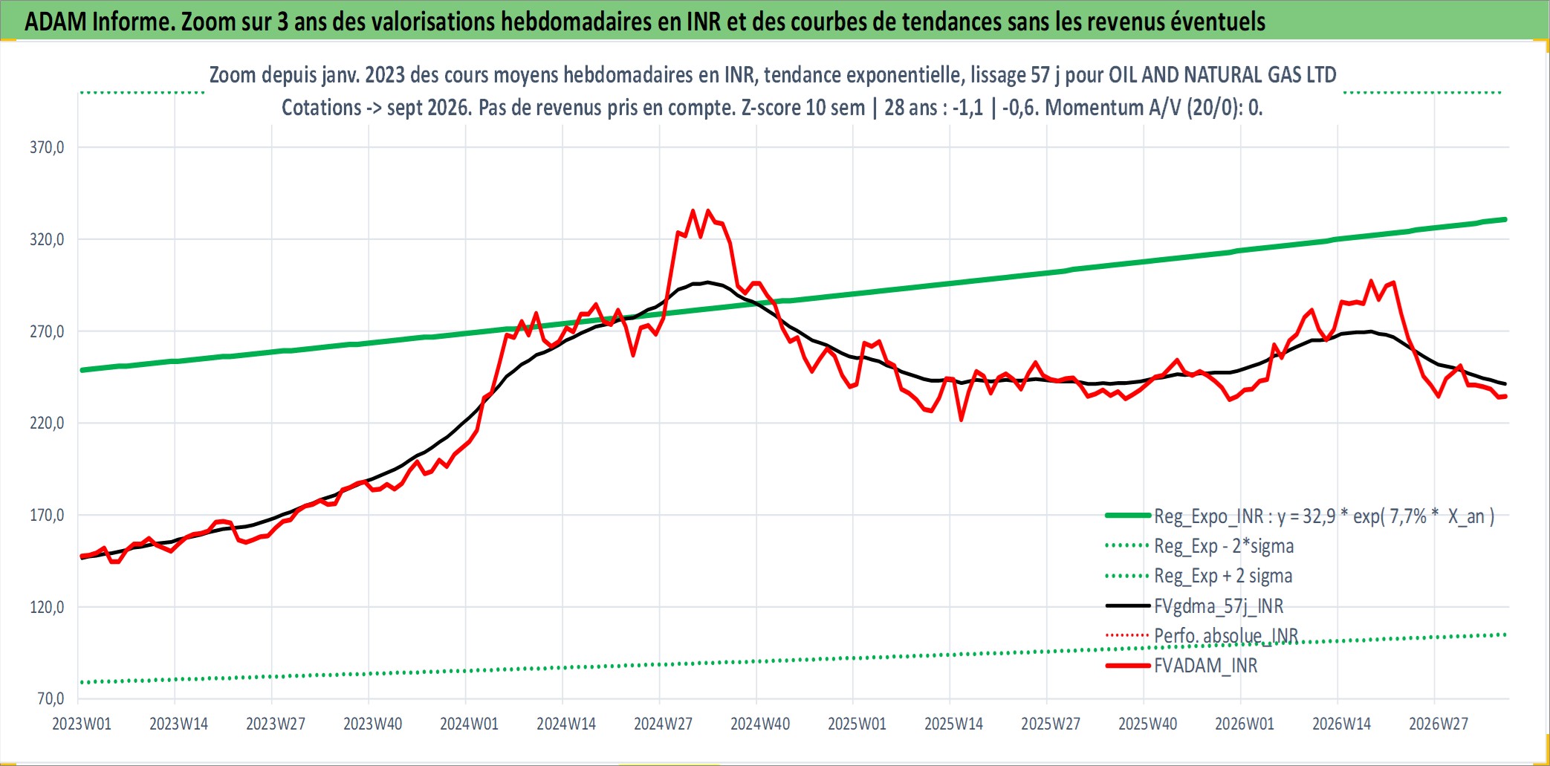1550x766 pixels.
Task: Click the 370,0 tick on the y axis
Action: [x=47, y=147]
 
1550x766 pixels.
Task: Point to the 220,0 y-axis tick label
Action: [x=47, y=423]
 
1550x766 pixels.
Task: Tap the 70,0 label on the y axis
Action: [x=51, y=698]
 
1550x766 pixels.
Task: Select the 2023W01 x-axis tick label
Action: [x=82, y=724]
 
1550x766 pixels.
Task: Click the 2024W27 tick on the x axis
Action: [x=663, y=724]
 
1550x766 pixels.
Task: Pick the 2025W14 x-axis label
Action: [x=953, y=724]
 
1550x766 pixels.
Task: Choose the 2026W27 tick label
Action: [x=1439, y=724]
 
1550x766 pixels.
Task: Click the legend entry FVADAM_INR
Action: [x=1205, y=666]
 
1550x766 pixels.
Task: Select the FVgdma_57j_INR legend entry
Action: [x=1219, y=606]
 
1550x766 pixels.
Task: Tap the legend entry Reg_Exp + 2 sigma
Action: [x=1223, y=576]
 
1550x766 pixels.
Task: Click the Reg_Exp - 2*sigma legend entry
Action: [x=1224, y=546]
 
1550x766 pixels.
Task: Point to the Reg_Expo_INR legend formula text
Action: [x=1324, y=516]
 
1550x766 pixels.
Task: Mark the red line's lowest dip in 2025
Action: [x=962, y=421]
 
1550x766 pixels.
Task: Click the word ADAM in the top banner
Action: [x=56, y=22]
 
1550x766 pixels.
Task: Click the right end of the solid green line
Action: [x=1505, y=219]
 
